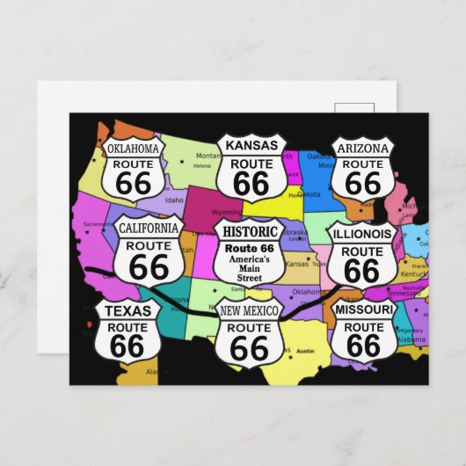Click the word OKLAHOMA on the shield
tap(133, 149)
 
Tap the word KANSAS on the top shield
tap(251, 145)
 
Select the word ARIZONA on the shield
tap(362, 147)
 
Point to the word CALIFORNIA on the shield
tap(149, 229)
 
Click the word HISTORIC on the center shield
tap(251, 231)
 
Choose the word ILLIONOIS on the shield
tap(361, 234)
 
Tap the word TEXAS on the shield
tap(127, 310)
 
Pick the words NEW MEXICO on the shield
tap(250, 311)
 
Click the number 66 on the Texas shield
tap(127, 346)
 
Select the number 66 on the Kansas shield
tap(251, 183)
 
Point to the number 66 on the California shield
tap(149, 266)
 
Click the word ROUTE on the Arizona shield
tap(362, 164)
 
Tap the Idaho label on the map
tap(174, 200)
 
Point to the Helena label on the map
tap(203, 165)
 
